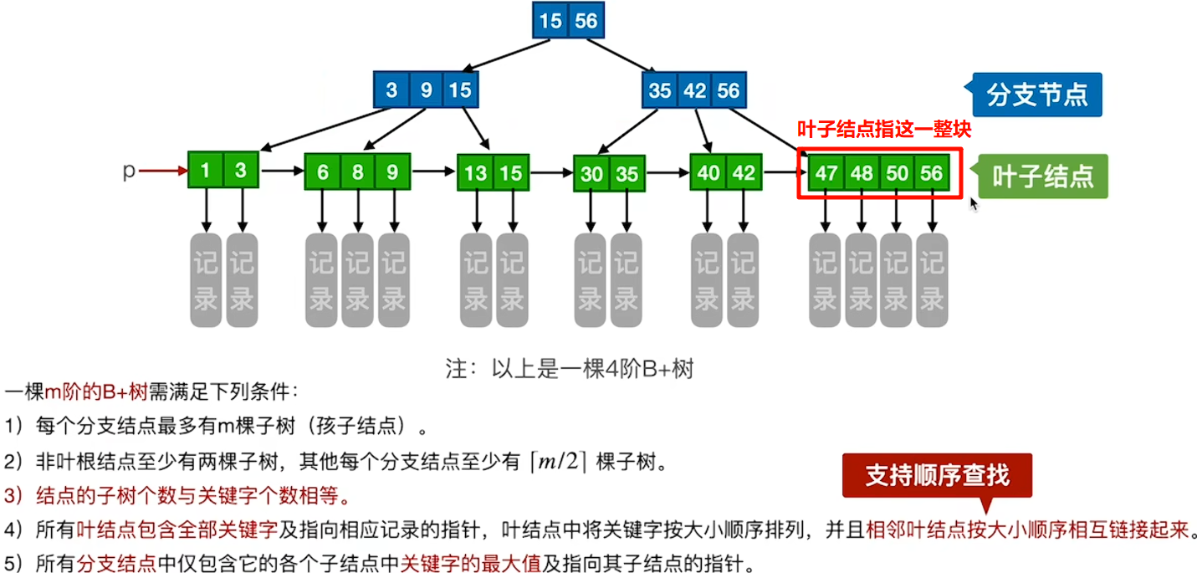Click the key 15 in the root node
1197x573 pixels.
click(550, 21)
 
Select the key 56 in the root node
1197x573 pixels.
click(586, 21)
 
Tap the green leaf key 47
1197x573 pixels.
click(826, 174)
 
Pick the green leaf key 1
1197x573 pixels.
click(206, 171)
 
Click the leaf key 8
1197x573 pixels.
click(358, 173)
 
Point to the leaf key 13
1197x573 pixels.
click(476, 173)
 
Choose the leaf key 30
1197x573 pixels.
click(591, 174)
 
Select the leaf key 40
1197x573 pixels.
click(708, 173)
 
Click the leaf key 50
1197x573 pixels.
click(898, 174)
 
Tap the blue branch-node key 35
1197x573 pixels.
click(660, 90)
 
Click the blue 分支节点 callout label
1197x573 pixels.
click(1037, 95)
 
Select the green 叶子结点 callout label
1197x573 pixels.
click(1042, 177)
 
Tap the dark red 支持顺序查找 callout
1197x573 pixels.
click(937, 476)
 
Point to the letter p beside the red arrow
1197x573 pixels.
click(129, 171)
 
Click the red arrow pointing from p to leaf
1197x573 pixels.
click(163, 171)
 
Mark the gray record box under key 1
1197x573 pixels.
click(206, 279)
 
